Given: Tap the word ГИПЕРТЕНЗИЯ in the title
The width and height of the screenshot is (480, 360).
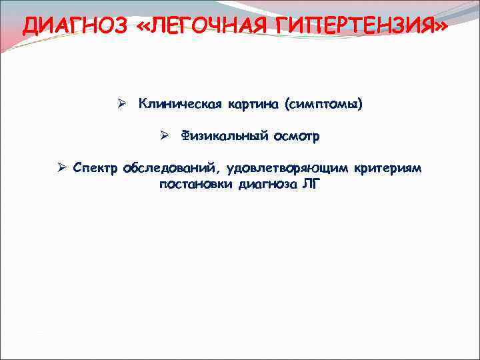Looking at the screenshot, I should pyautogui.click(x=353, y=25).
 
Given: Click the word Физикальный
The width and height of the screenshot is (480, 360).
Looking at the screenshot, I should pyautogui.click(x=224, y=136).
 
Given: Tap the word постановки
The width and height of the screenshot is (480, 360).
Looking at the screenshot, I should pyautogui.click(x=194, y=184).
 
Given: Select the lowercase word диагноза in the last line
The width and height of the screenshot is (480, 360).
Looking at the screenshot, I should pyautogui.click(x=266, y=184).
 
